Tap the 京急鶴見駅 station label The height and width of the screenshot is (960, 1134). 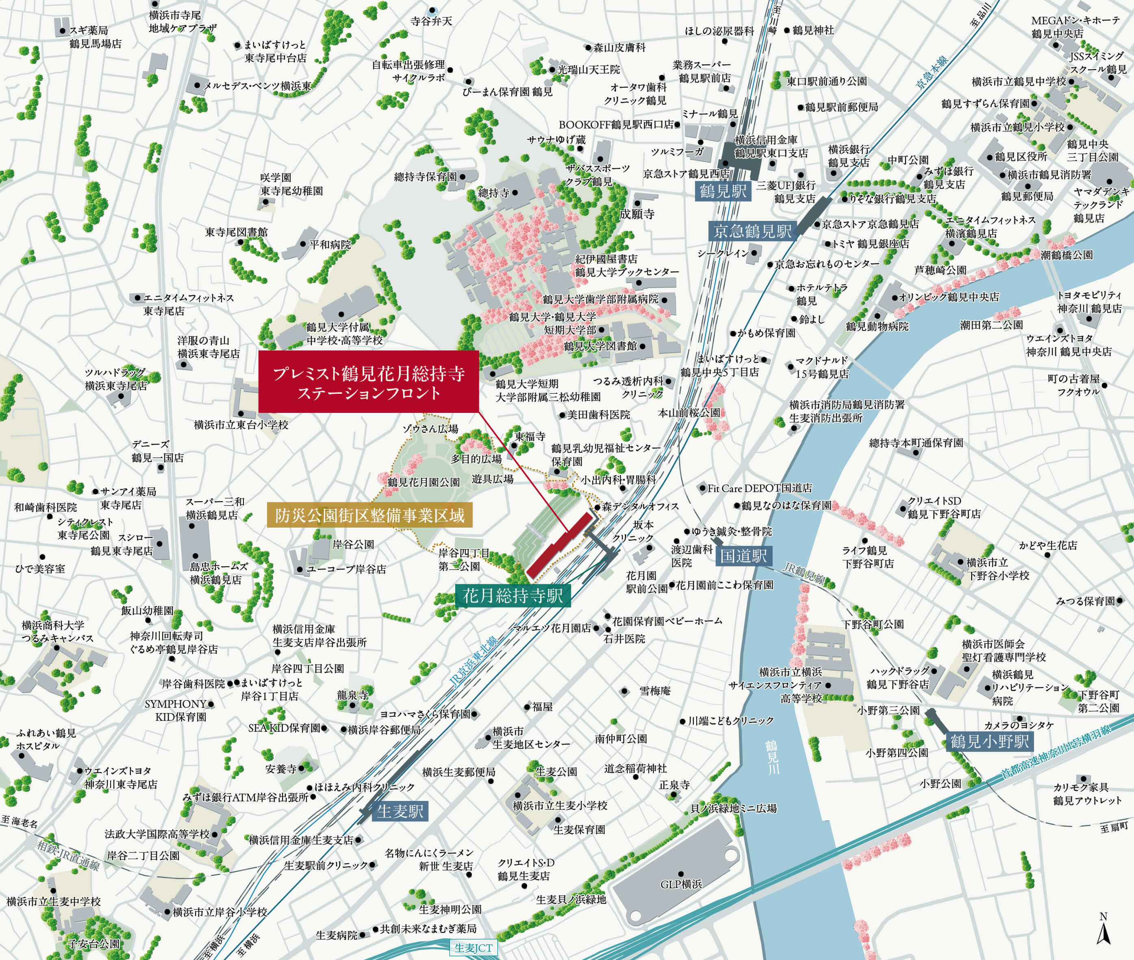[x=752, y=231]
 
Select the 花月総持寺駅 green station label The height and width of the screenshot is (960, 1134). [x=513, y=596]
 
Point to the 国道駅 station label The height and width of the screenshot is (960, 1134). [x=743, y=556]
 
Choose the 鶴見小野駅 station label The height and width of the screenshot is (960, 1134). [x=989, y=741]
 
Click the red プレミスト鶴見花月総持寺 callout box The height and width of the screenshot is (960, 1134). [x=368, y=382]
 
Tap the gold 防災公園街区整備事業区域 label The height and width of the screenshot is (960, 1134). [x=370, y=515]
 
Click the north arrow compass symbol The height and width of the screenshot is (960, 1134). [x=1103, y=931]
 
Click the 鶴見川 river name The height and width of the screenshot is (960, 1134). [x=772, y=757]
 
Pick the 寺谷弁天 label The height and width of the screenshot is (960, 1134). [x=431, y=21]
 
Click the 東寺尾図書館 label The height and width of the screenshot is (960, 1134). [x=237, y=232]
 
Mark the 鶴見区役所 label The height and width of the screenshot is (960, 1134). [x=1021, y=157]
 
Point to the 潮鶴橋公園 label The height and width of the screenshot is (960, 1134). [x=1067, y=255]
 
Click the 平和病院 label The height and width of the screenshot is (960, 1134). [x=330, y=245]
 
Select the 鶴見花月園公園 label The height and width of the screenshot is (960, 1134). [x=424, y=482]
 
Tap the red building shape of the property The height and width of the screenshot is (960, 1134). [x=560, y=545]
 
